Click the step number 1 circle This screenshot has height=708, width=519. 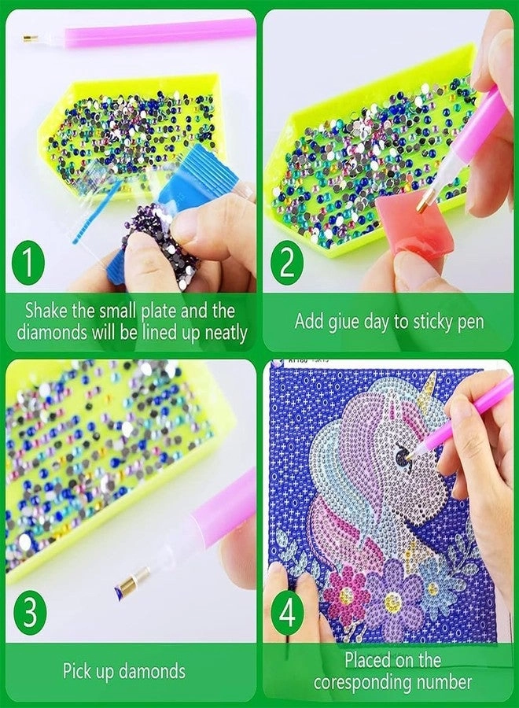[28, 262]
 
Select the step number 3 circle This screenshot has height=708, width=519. [28, 614]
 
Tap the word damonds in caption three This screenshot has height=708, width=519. [154, 671]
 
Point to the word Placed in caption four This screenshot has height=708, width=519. [369, 659]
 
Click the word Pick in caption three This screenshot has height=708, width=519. [79, 671]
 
